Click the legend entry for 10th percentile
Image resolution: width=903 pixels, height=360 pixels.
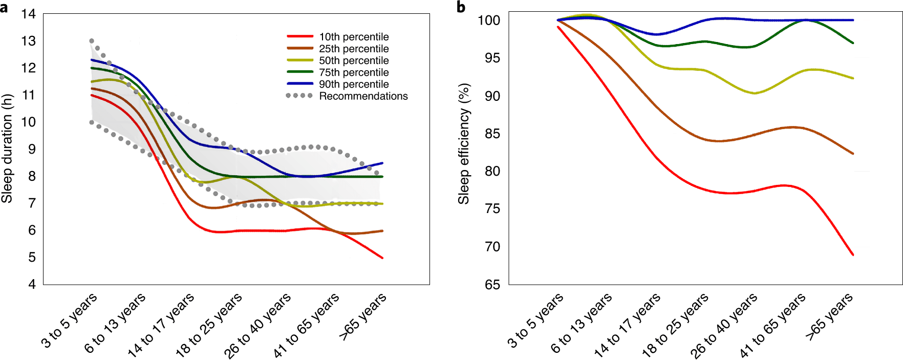tap(353, 37)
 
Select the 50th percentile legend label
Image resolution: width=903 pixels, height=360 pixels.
tap(353, 60)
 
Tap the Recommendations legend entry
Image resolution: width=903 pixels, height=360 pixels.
tap(363, 96)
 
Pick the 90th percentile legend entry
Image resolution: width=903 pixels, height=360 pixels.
tap(353, 84)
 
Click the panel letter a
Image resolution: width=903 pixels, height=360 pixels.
tap(4, 7)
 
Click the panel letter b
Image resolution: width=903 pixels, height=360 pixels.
tap(461, 7)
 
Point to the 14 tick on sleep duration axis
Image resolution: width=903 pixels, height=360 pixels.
tap(29, 14)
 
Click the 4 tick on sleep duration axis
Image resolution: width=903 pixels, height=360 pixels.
tap(32, 284)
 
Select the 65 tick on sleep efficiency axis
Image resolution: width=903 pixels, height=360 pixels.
tap(492, 284)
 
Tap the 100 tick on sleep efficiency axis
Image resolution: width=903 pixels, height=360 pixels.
tap(488, 20)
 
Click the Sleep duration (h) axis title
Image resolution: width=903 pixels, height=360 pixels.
tap(7, 149)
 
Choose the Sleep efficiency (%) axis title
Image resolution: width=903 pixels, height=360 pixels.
tap(464, 143)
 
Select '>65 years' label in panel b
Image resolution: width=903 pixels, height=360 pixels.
tap(829, 316)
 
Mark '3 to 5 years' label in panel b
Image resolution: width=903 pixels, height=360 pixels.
tap(535, 321)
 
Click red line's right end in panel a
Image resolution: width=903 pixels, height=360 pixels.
tap(382, 258)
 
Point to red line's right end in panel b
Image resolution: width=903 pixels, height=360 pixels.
tap(853, 255)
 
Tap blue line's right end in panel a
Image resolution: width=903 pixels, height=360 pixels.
tap(382, 163)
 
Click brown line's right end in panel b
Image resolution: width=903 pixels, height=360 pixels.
tap(853, 154)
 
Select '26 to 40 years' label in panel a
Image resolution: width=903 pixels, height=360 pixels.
tap(257, 325)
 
